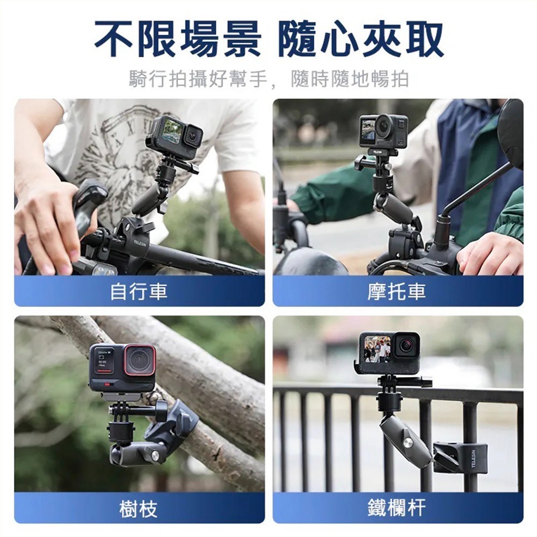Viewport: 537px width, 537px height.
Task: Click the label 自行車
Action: pos(139,292)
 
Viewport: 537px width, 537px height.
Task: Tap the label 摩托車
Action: pos(397,292)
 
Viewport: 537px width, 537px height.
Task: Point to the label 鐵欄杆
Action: pos(397,508)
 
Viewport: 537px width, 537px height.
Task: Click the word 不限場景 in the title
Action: pos(177,39)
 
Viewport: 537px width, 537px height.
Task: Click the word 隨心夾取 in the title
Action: pos(361,39)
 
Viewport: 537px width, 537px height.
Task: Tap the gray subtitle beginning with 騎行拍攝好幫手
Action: pos(268,79)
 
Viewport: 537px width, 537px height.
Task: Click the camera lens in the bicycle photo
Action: pos(192,136)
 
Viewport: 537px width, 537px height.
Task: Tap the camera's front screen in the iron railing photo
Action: pos(378,349)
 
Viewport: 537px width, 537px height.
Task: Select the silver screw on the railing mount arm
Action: pos(408,442)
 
